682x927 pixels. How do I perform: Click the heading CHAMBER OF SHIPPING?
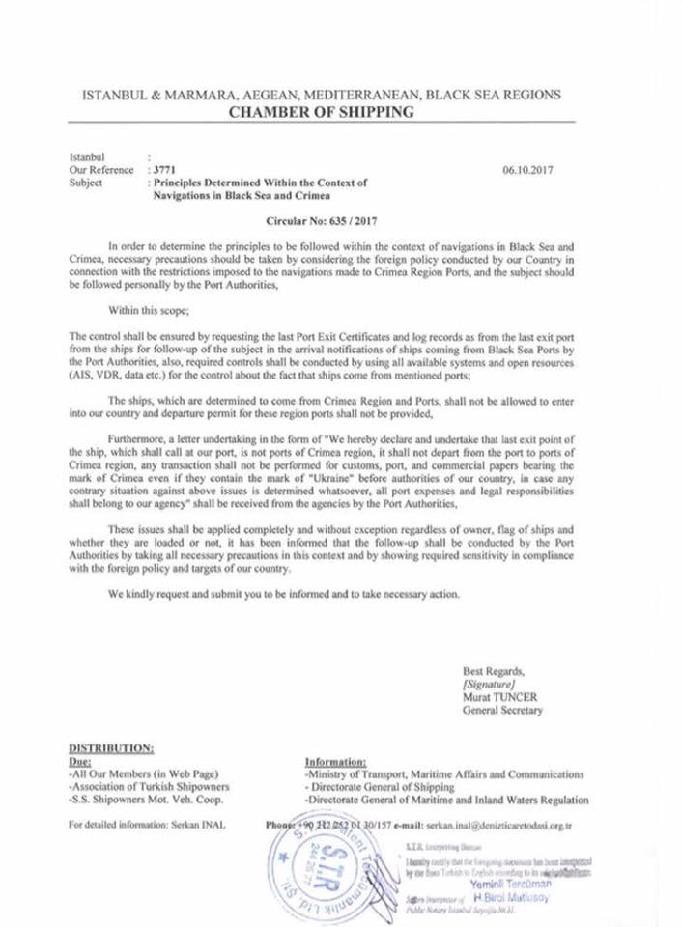(321, 112)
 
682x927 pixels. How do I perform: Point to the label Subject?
(86, 181)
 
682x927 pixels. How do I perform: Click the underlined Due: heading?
(80, 760)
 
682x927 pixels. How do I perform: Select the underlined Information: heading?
(334, 761)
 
